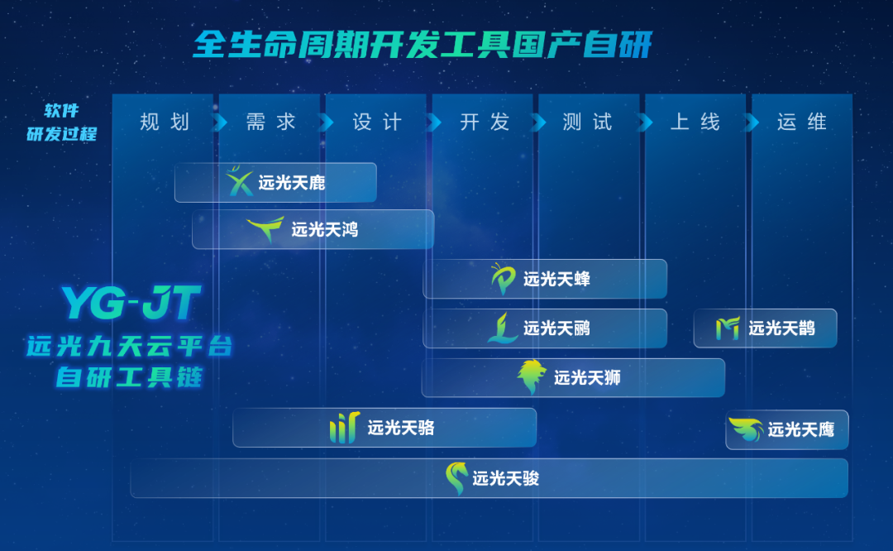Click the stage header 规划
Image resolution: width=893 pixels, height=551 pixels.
(165, 122)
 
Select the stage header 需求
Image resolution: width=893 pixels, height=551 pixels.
(271, 122)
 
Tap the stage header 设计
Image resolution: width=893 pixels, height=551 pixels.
(378, 122)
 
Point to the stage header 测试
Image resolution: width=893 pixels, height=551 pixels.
(587, 122)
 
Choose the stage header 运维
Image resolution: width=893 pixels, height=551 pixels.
(802, 122)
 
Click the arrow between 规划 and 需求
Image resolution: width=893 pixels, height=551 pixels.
(220, 122)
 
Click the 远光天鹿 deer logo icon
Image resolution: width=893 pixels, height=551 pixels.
(240, 181)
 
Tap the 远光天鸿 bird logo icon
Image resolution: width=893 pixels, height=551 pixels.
(266, 229)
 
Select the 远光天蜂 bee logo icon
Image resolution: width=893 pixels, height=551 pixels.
(504, 279)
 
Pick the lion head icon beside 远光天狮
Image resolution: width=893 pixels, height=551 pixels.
(532, 376)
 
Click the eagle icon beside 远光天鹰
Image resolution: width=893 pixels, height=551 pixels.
(747, 429)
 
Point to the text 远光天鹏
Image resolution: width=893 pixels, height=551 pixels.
(556, 328)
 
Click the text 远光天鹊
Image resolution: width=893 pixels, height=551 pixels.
(781, 328)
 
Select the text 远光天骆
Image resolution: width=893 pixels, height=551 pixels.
(401, 428)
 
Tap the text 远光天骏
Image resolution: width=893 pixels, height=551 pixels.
(506, 478)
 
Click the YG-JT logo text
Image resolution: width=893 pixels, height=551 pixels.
(131, 303)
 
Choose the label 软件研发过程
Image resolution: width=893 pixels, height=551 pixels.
(62, 122)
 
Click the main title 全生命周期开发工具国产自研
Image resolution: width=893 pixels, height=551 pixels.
(423, 45)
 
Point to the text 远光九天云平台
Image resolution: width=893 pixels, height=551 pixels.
(130, 346)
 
